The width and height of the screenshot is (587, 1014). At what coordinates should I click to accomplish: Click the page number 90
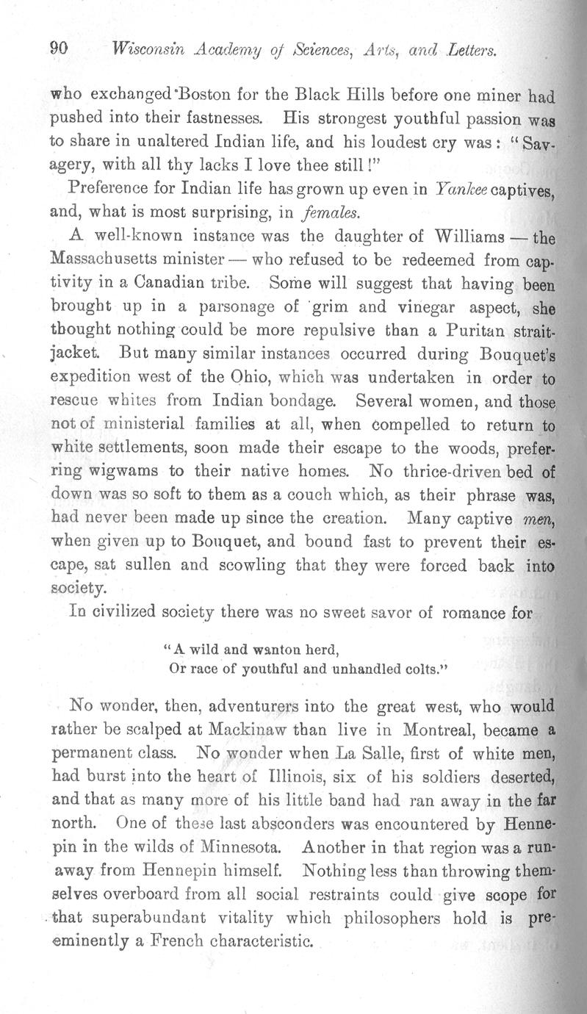59,49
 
